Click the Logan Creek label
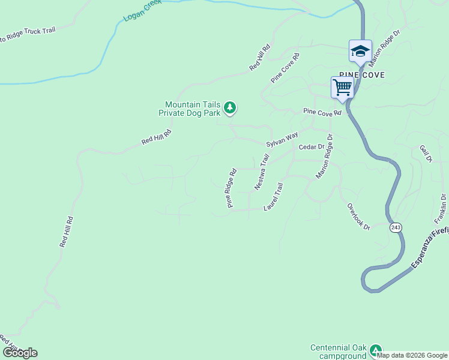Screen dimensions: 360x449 click(142, 11)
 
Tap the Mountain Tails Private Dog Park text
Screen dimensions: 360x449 click(189, 108)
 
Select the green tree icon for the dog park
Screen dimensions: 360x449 click(229, 108)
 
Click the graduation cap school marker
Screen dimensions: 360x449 click(360, 51)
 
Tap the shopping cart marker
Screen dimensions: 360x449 click(343, 87)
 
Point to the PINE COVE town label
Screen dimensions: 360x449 click(361, 75)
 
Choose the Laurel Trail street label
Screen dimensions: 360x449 click(273, 197)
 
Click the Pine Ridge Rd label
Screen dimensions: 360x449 click(232, 187)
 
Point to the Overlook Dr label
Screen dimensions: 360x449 click(358, 216)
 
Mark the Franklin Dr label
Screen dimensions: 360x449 click(442, 205)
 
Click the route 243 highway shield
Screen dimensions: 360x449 click(395, 227)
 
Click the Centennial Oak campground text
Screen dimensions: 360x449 click(337, 352)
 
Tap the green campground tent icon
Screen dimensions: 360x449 click(376, 350)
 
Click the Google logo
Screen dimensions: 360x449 click(20, 353)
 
